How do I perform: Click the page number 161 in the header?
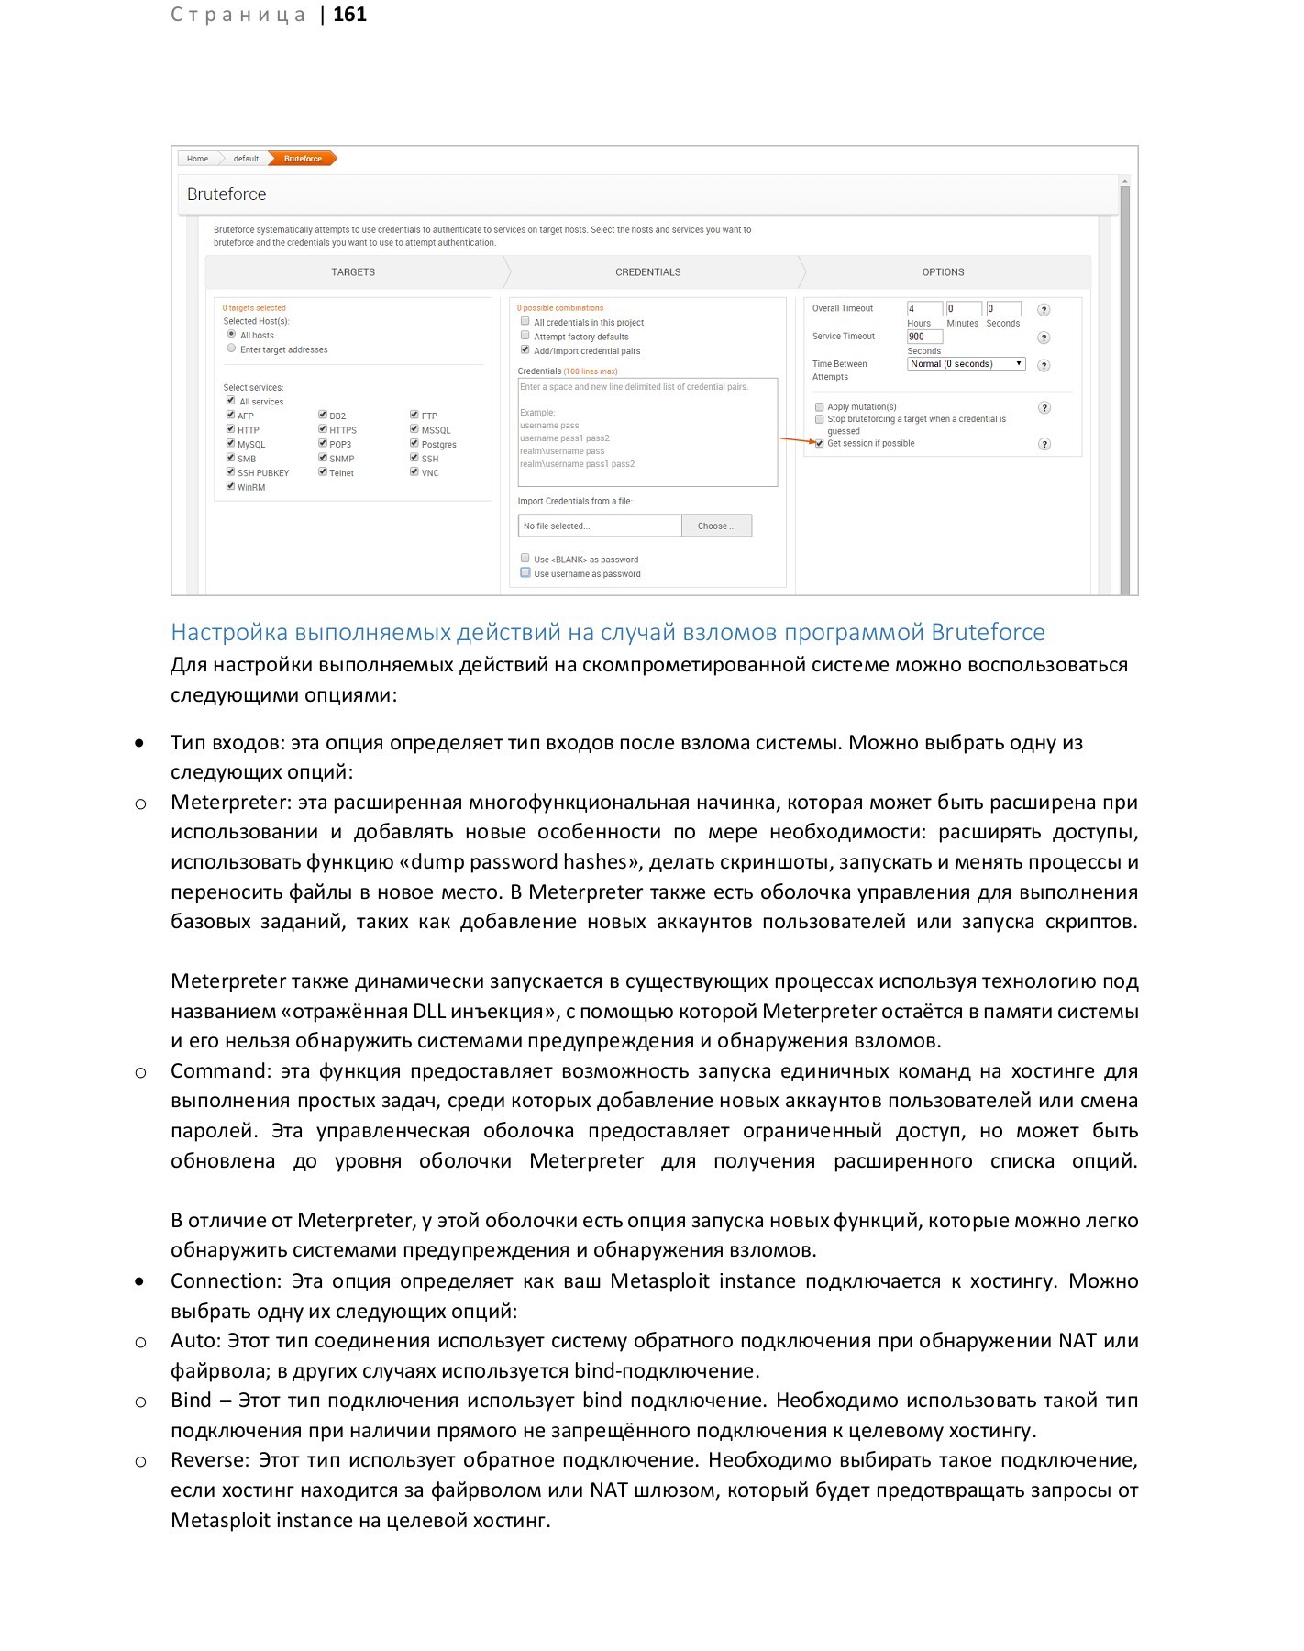pos(349,15)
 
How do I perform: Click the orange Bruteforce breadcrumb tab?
pos(304,159)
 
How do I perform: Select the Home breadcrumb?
pos(197,159)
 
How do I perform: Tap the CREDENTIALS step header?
pos(647,272)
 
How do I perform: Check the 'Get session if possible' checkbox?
pos(819,444)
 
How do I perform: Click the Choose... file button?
pos(716,526)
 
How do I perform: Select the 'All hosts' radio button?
pos(231,335)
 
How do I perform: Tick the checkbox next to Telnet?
pos(323,472)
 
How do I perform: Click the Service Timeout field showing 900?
pos(924,337)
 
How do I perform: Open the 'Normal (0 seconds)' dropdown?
pos(966,364)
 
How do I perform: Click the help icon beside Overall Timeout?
pos(1044,310)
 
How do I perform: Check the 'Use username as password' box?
pos(525,573)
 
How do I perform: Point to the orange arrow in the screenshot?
pos(796,441)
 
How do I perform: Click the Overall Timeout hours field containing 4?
pos(923,309)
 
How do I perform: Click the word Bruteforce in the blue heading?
pos(988,633)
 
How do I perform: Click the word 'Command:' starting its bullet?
pos(221,1071)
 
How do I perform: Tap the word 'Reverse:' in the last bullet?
pos(210,1460)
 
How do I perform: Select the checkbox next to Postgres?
pos(414,444)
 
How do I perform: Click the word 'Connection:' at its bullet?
pos(226,1281)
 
